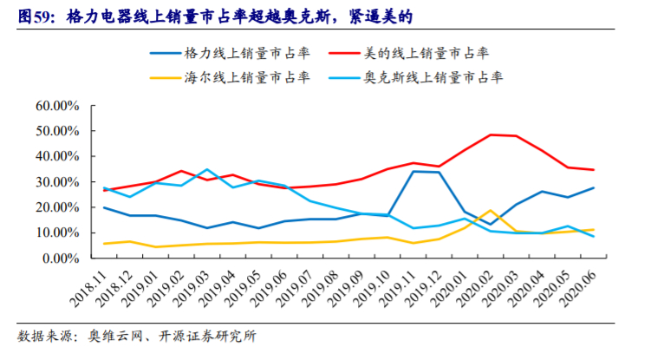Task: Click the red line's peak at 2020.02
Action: coord(491,134)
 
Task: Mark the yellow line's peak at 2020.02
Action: coord(491,211)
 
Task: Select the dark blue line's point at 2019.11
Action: coord(413,171)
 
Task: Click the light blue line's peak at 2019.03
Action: coord(206,169)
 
